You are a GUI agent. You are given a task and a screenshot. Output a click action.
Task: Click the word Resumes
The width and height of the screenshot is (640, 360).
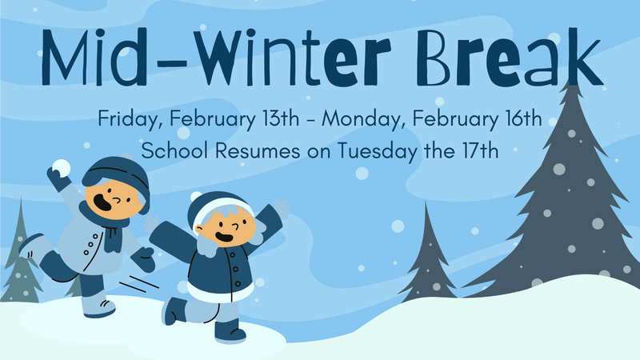[x=251, y=150]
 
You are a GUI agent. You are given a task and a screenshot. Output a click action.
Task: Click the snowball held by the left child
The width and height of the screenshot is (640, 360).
[x=59, y=168]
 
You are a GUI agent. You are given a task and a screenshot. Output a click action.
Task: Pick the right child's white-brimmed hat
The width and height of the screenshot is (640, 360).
[x=219, y=203]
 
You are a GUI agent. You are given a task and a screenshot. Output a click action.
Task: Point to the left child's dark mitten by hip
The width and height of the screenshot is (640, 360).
[x=145, y=258]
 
